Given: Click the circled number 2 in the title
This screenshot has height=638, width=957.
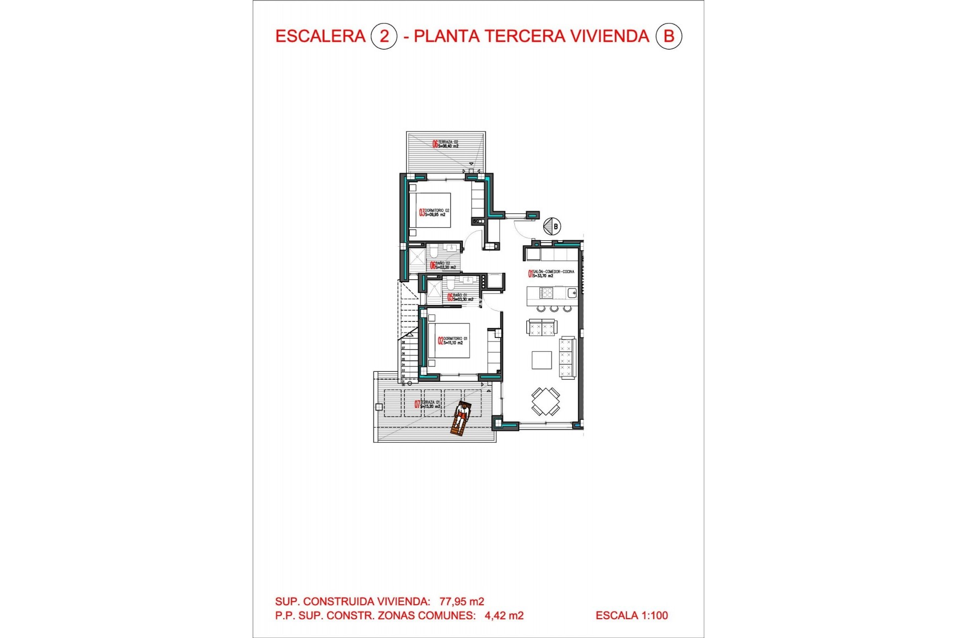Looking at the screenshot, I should point(384,36).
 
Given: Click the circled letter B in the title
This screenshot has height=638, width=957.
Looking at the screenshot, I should point(668,36).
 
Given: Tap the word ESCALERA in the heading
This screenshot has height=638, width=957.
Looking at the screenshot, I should point(320,36).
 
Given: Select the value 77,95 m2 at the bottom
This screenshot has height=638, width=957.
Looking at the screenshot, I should point(462,602).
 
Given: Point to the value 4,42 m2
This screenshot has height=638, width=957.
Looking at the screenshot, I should point(504,616).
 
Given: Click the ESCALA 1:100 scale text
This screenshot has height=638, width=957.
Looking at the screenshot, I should point(632,616).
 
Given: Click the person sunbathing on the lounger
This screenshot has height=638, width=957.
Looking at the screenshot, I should point(461,419).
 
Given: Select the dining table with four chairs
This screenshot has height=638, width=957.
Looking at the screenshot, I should point(545,401).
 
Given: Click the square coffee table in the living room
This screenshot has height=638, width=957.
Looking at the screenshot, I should point(541,360).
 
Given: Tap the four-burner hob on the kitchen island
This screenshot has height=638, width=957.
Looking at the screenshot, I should point(546,293).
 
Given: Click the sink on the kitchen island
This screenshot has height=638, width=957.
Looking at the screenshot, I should point(572,293).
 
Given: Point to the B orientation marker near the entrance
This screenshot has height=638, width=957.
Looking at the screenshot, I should point(552,226).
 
